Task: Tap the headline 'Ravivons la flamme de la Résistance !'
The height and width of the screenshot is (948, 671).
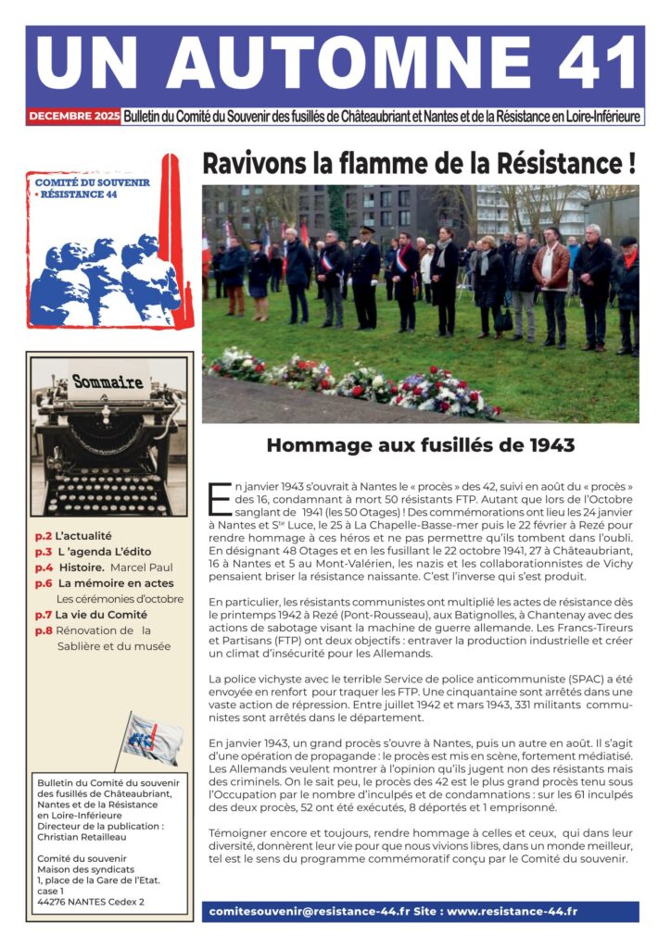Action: point(419,164)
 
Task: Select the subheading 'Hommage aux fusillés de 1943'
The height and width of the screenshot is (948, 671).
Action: point(420,445)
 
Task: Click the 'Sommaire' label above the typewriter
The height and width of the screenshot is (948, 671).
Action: point(108,381)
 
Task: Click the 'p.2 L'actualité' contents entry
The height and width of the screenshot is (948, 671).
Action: point(73,535)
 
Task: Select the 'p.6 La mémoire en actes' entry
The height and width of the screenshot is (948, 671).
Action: point(104,583)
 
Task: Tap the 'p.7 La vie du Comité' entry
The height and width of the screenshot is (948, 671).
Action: point(91,615)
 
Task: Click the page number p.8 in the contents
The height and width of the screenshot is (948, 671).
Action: point(44,630)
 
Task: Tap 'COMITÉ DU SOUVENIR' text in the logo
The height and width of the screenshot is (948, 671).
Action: point(92,182)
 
